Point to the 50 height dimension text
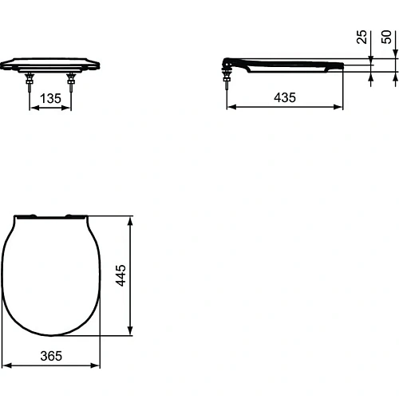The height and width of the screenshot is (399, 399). coord(388,37)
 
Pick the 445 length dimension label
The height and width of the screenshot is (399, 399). coord(121,275)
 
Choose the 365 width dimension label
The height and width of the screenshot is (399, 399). coord(51,357)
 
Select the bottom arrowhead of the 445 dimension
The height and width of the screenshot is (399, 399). coord(130,332)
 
